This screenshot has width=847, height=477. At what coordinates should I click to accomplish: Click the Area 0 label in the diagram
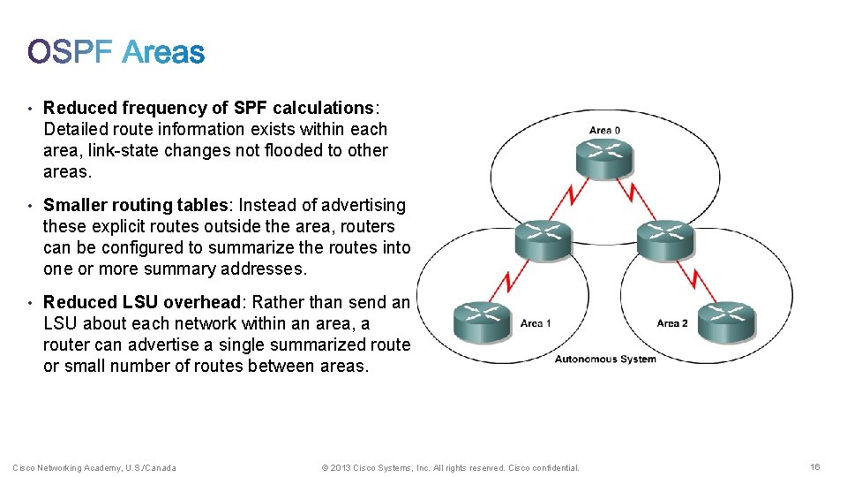pos(604,130)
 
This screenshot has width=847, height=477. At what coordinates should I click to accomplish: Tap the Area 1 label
pos(536,323)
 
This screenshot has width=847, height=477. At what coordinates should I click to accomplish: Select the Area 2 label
pos(672,323)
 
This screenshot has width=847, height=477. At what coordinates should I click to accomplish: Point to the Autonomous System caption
pos(605,359)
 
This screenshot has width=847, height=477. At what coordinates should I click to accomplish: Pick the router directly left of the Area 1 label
pos(482,322)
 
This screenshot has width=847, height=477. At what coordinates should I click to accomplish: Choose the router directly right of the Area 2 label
pos(726,322)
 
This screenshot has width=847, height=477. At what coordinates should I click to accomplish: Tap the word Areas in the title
pos(164,53)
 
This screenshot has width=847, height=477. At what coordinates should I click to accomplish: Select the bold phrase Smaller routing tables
pos(135,206)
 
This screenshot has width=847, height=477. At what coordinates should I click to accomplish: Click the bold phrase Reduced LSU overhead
pos(131,303)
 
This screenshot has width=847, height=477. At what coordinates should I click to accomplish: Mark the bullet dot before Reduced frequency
pos(30,109)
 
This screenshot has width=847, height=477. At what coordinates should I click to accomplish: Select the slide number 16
pos(814,467)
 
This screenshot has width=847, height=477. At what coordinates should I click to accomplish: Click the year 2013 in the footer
pos(341,468)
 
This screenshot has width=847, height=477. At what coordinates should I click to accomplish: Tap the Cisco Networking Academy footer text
pos(94,468)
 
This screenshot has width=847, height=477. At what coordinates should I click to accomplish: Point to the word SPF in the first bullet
pos(251,109)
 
